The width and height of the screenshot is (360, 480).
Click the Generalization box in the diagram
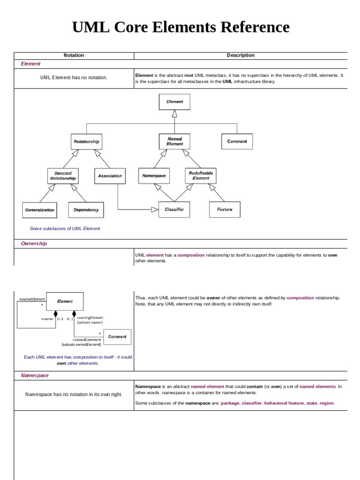coord(40,210)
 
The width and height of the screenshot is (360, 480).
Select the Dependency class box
coord(86,210)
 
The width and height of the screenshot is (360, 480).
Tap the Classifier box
coord(174,210)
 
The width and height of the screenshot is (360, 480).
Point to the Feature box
coord(225,210)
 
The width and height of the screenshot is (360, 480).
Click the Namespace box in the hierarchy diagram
coord(154,176)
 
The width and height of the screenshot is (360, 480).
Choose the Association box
coord(110,176)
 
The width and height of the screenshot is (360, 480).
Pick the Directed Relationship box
coord(63,176)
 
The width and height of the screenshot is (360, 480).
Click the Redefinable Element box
coord(201,176)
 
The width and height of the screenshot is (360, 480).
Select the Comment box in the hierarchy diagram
coord(237,141)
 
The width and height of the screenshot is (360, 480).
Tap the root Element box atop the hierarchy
coord(175,101)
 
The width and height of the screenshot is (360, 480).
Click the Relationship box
coord(87,141)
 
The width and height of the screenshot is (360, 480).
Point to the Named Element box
coord(175,141)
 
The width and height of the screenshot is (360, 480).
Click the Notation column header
coord(74,55)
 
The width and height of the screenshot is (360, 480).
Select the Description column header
coord(240,55)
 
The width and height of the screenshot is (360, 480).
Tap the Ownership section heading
coord(34,244)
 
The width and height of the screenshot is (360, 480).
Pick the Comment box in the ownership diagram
coord(117,337)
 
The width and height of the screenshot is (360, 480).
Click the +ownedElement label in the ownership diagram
coord(31,299)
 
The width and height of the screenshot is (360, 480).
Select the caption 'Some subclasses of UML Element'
coord(65,229)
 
